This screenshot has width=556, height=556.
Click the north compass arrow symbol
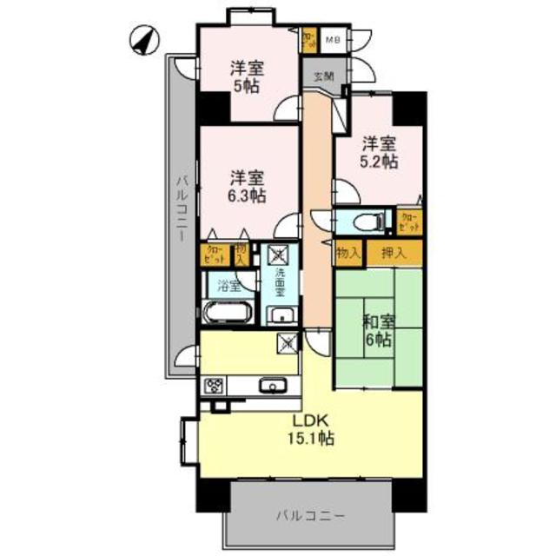click(144, 39)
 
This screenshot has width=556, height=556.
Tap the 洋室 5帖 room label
click(247, 76)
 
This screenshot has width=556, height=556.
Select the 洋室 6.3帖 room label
click(247, 185)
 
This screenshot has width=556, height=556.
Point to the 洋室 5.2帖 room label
click(380, 152)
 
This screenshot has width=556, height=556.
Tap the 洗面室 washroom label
click(280, 282)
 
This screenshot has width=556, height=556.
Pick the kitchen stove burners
click(214, 386)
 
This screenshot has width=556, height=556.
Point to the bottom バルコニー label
click(311, 515)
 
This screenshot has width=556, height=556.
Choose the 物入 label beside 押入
click(348, 253)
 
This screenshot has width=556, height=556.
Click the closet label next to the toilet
click(408, 221)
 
